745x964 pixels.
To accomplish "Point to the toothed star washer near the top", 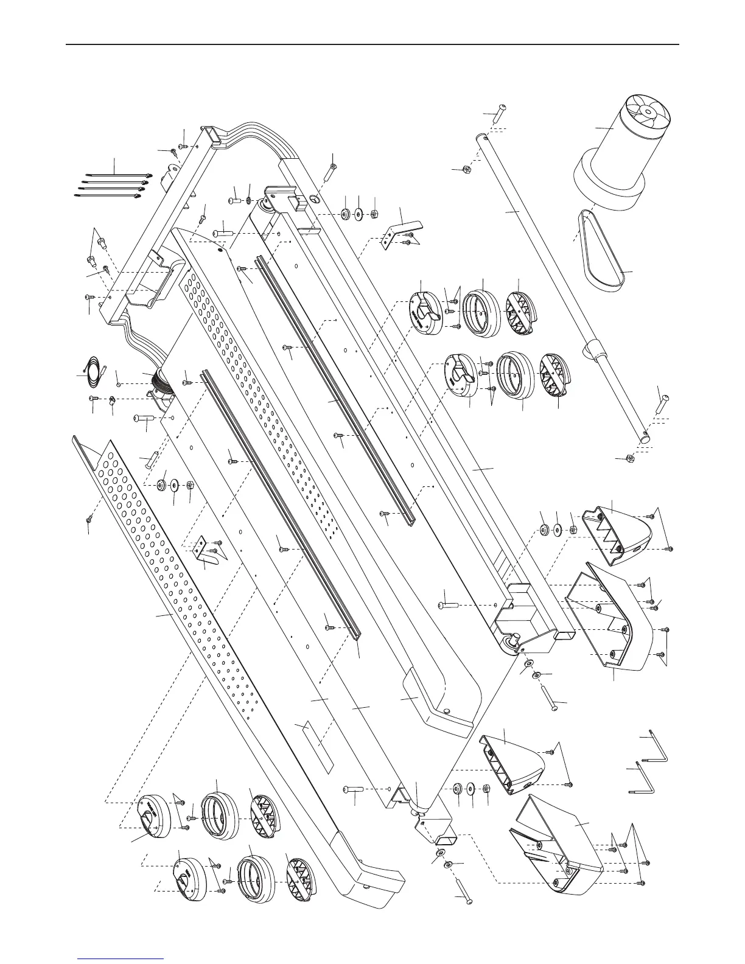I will [249, 201].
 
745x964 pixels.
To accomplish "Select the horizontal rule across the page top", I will [372, 44].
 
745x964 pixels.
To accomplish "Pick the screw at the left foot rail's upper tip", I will [90, 517].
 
